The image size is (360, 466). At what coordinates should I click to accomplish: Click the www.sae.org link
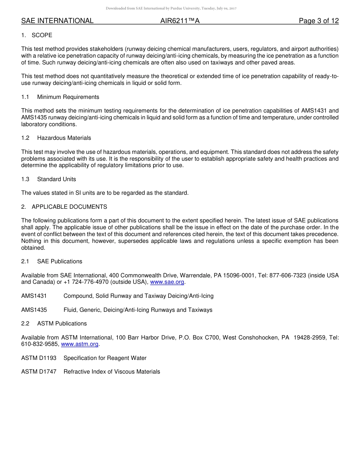pyautogui.click(x=167, y=282)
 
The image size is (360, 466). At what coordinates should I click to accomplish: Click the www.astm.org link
pyautogui.click(x=80, y=344)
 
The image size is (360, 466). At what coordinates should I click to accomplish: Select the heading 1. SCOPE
pyautogui.click(x=37, y=35)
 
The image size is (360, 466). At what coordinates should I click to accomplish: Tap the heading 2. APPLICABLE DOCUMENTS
pyautogui.click(x=64, y=207)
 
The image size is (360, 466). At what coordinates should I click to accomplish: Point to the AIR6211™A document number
pyautogui.click(x=180, y=21)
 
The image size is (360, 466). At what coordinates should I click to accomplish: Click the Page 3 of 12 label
pyautogui.click(x=319, y=21)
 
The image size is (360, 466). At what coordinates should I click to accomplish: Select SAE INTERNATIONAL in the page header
pyautogui.click(x=57, y=21)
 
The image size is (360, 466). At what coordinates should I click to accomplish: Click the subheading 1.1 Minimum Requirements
pyautogui.click(x=60, y=97)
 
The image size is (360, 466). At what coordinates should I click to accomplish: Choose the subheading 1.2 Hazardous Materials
pyautogui.click(x=56, y=138)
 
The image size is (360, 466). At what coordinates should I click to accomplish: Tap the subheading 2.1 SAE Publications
pyautogui.click(x=52, y=261)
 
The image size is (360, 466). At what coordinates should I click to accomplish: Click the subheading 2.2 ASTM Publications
pyautogui.click(x=54, y=324)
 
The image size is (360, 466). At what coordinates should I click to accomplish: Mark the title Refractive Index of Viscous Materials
pyautogui.click(x=112, y=372)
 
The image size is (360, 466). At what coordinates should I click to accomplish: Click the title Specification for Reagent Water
pyautogui.click(x=105, y=358)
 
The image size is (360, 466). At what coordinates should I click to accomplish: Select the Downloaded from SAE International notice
pyautogui.click(x=171, y=8)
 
